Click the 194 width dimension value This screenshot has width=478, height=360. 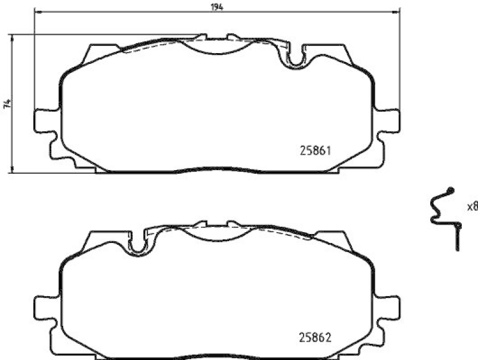tap(217, 7)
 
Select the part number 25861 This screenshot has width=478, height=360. tap(314, 152)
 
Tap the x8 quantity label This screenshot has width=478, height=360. tap(472, 207)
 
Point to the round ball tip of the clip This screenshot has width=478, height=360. tap(451, 190)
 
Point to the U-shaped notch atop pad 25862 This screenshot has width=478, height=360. tap(139, 244)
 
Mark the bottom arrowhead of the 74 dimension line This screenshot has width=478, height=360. tap(13, 171)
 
